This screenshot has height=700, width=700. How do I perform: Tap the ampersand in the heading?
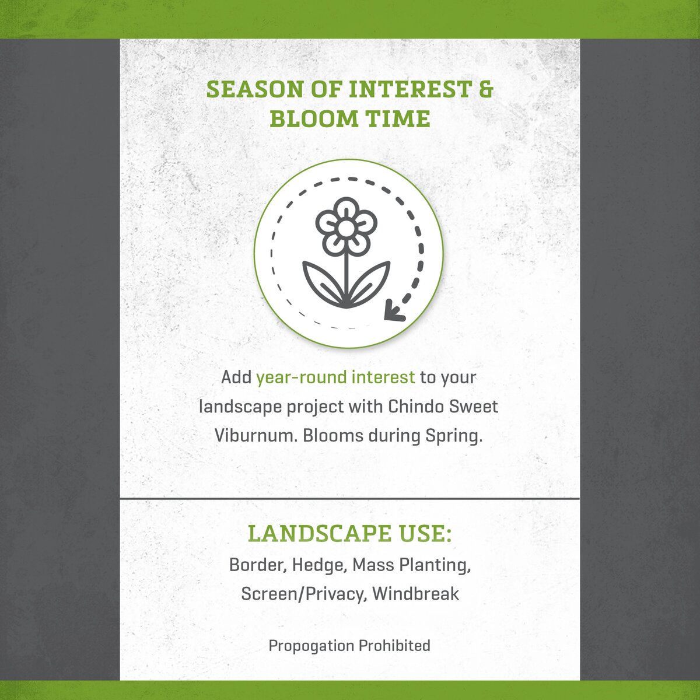(x=486, y=90)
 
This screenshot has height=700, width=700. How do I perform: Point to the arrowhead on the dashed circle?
(x=394, y=313)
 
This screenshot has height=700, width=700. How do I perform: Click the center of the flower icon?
(x=346, y=228)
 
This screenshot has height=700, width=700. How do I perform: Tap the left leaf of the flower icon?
(x=322, y=282)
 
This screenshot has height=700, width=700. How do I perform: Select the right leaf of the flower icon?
(x=371, y=282)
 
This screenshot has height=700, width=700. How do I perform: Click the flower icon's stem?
(x=346, y=274)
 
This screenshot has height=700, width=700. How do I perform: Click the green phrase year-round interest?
(x=335, y=377)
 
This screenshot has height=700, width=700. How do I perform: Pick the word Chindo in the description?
(x=415, y=406)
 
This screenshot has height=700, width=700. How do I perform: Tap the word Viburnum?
(x=256, y=435)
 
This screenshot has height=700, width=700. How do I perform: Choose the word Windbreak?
(x=415, y=594)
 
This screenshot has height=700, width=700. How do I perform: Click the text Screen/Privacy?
(x=302, y=594)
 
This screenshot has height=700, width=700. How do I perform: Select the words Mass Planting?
(x=411, y=565)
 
